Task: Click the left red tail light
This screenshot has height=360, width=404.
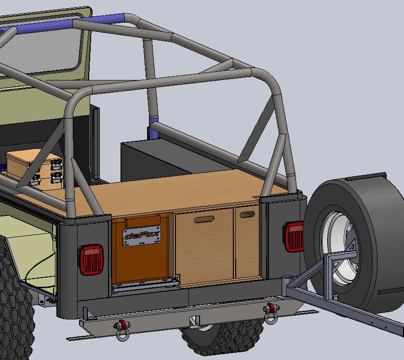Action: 91,260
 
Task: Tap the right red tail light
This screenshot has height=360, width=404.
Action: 294,237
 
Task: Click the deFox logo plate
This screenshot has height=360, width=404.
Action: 142,236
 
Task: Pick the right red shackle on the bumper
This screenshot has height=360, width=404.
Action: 270,313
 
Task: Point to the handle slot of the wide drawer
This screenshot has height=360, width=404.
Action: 204,219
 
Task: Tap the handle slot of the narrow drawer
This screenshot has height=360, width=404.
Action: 247,214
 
